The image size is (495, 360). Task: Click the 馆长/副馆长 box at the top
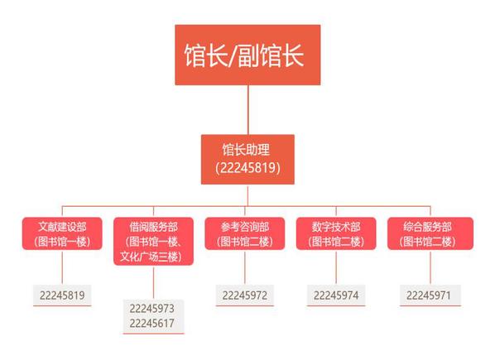(x=247, y=55)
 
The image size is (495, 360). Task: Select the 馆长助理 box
(x=247, y=160)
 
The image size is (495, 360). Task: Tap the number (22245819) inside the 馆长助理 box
(x=247, y=168)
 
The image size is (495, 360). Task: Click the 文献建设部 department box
(x=62, y=233)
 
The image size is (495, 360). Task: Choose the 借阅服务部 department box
(x=153, y=241)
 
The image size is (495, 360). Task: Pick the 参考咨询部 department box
(x=245, y=233)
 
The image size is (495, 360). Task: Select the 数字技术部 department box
(x=336, y=233)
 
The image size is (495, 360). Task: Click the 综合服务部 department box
(x=430, y=233)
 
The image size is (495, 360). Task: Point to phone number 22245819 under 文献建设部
(x=62, y=295)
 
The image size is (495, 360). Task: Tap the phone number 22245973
(x=151, y=309)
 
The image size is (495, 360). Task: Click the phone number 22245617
(x=151, y=323)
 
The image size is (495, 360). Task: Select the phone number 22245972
(x=245, y=295)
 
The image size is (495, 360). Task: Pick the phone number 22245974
(x=336, y=295)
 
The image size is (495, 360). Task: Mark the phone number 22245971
(x=429, y=295)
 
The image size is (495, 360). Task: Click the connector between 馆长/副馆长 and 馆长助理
(x=247, y=110)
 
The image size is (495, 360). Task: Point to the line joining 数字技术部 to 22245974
(x=336, y=267)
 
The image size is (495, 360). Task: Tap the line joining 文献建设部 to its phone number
(x=62, y=267)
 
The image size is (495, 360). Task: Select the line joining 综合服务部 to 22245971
(x=430, y=267)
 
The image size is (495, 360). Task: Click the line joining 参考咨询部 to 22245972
(x=245, y=267)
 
